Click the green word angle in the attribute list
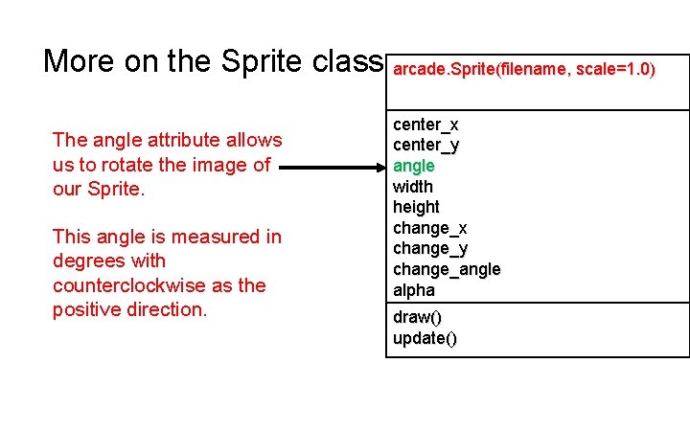pos(413,166)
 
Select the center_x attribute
pos(425,125)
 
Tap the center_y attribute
pos(425,146)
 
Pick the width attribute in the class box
pos(413,187)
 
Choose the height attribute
pos(416,207)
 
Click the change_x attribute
pos(430,228)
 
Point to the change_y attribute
pos(430,249)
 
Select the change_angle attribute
pos(447,269)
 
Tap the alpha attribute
pos(414,290)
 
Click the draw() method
pos(417,317)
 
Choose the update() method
pos(425,338)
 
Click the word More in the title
pos(79,61)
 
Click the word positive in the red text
pos(87,310)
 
